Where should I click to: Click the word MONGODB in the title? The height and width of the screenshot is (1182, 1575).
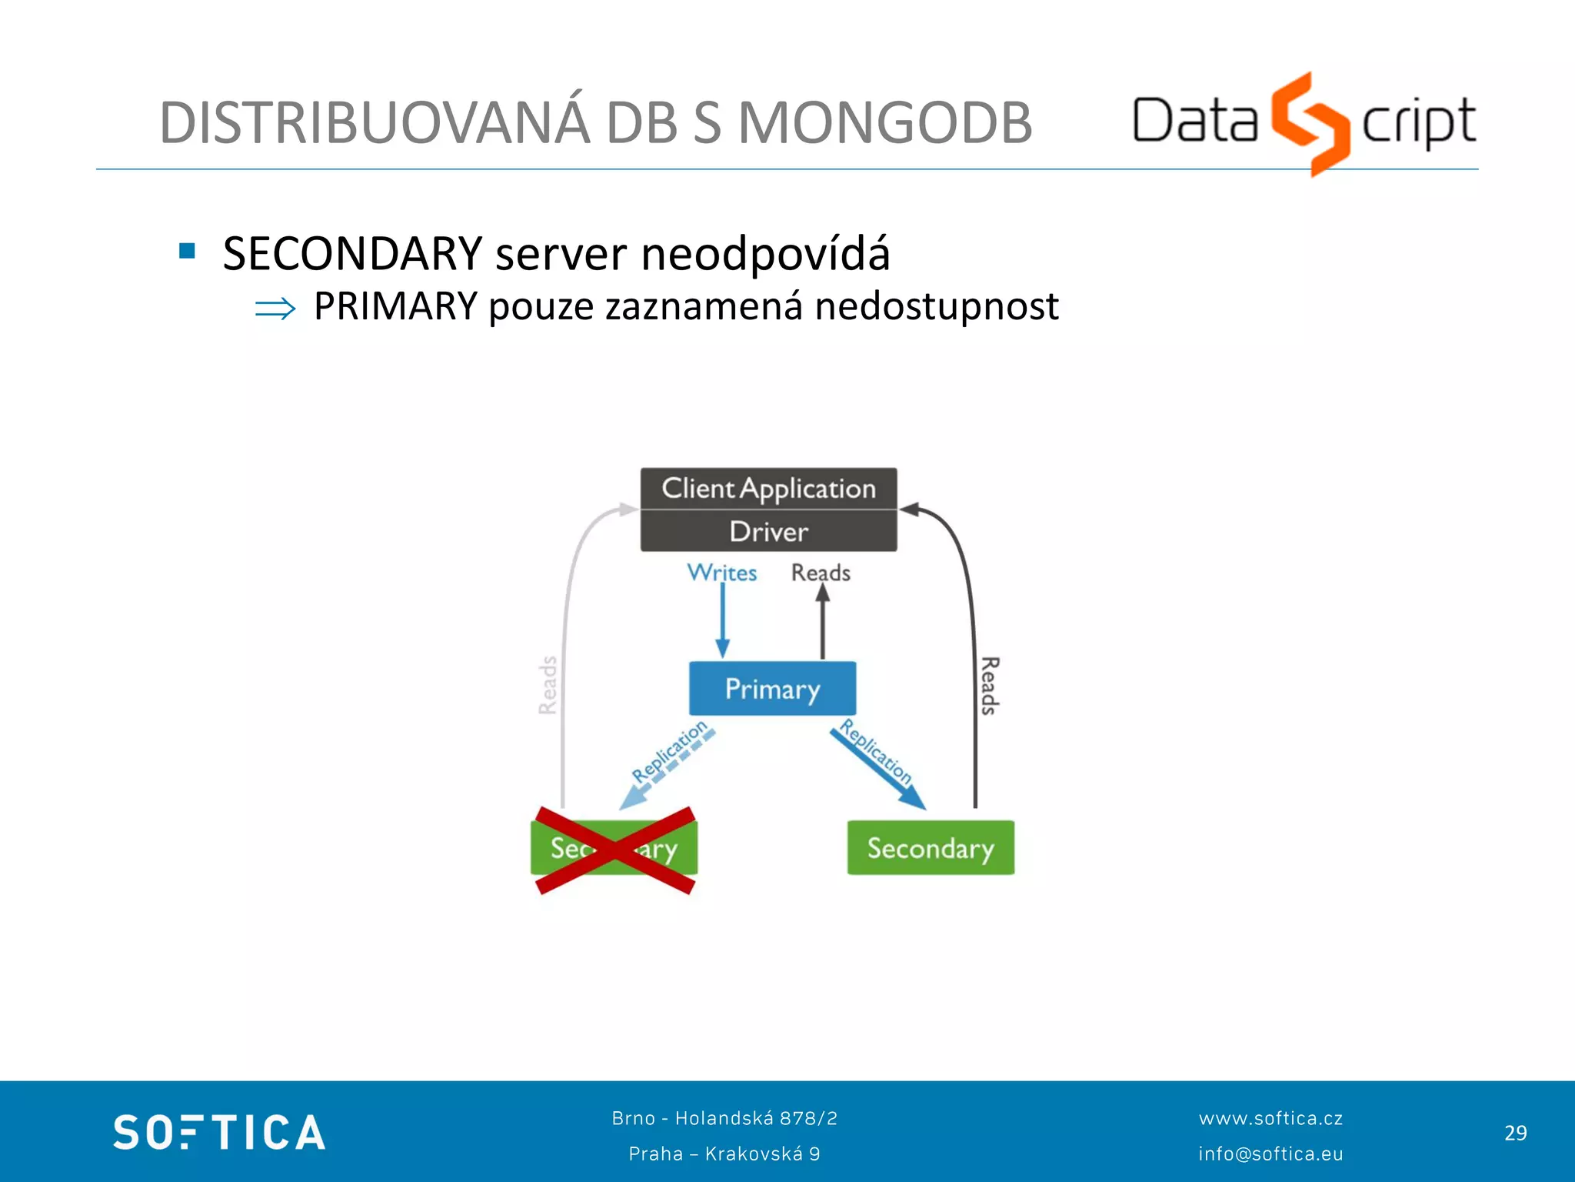tap(884, 123)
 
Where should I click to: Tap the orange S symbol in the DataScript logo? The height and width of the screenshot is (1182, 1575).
tap(1310, 123)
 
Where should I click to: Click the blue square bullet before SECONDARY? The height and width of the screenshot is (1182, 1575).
tap(187, 251)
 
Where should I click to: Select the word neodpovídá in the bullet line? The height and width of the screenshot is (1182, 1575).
tap(765, 254)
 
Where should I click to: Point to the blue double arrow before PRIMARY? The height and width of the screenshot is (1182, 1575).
tap(275, 309)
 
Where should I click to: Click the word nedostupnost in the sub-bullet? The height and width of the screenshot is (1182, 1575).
tap(936, 306)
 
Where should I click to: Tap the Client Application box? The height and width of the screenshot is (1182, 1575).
tap(768, 488)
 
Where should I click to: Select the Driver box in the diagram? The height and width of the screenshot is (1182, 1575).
tap(768, 532)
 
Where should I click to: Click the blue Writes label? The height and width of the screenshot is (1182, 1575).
tap(721, 573)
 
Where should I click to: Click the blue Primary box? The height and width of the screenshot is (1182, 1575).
tap(772, 689)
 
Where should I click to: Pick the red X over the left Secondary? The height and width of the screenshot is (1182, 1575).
tap(614, 850)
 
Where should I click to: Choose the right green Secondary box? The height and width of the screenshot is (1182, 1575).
tap(931, 848)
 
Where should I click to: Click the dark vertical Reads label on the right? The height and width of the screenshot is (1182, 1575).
tap(990, 685)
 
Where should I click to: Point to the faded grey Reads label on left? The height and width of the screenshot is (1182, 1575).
tap(548, 685)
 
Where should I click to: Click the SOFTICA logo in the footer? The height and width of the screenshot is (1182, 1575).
tap(219, 1132)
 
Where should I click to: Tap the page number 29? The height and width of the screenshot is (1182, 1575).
tap(1515, 1133)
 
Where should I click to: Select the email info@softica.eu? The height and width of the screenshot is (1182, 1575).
tap(1270, 1154)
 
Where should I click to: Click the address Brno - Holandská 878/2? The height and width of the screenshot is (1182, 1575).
tap(724, 1118)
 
